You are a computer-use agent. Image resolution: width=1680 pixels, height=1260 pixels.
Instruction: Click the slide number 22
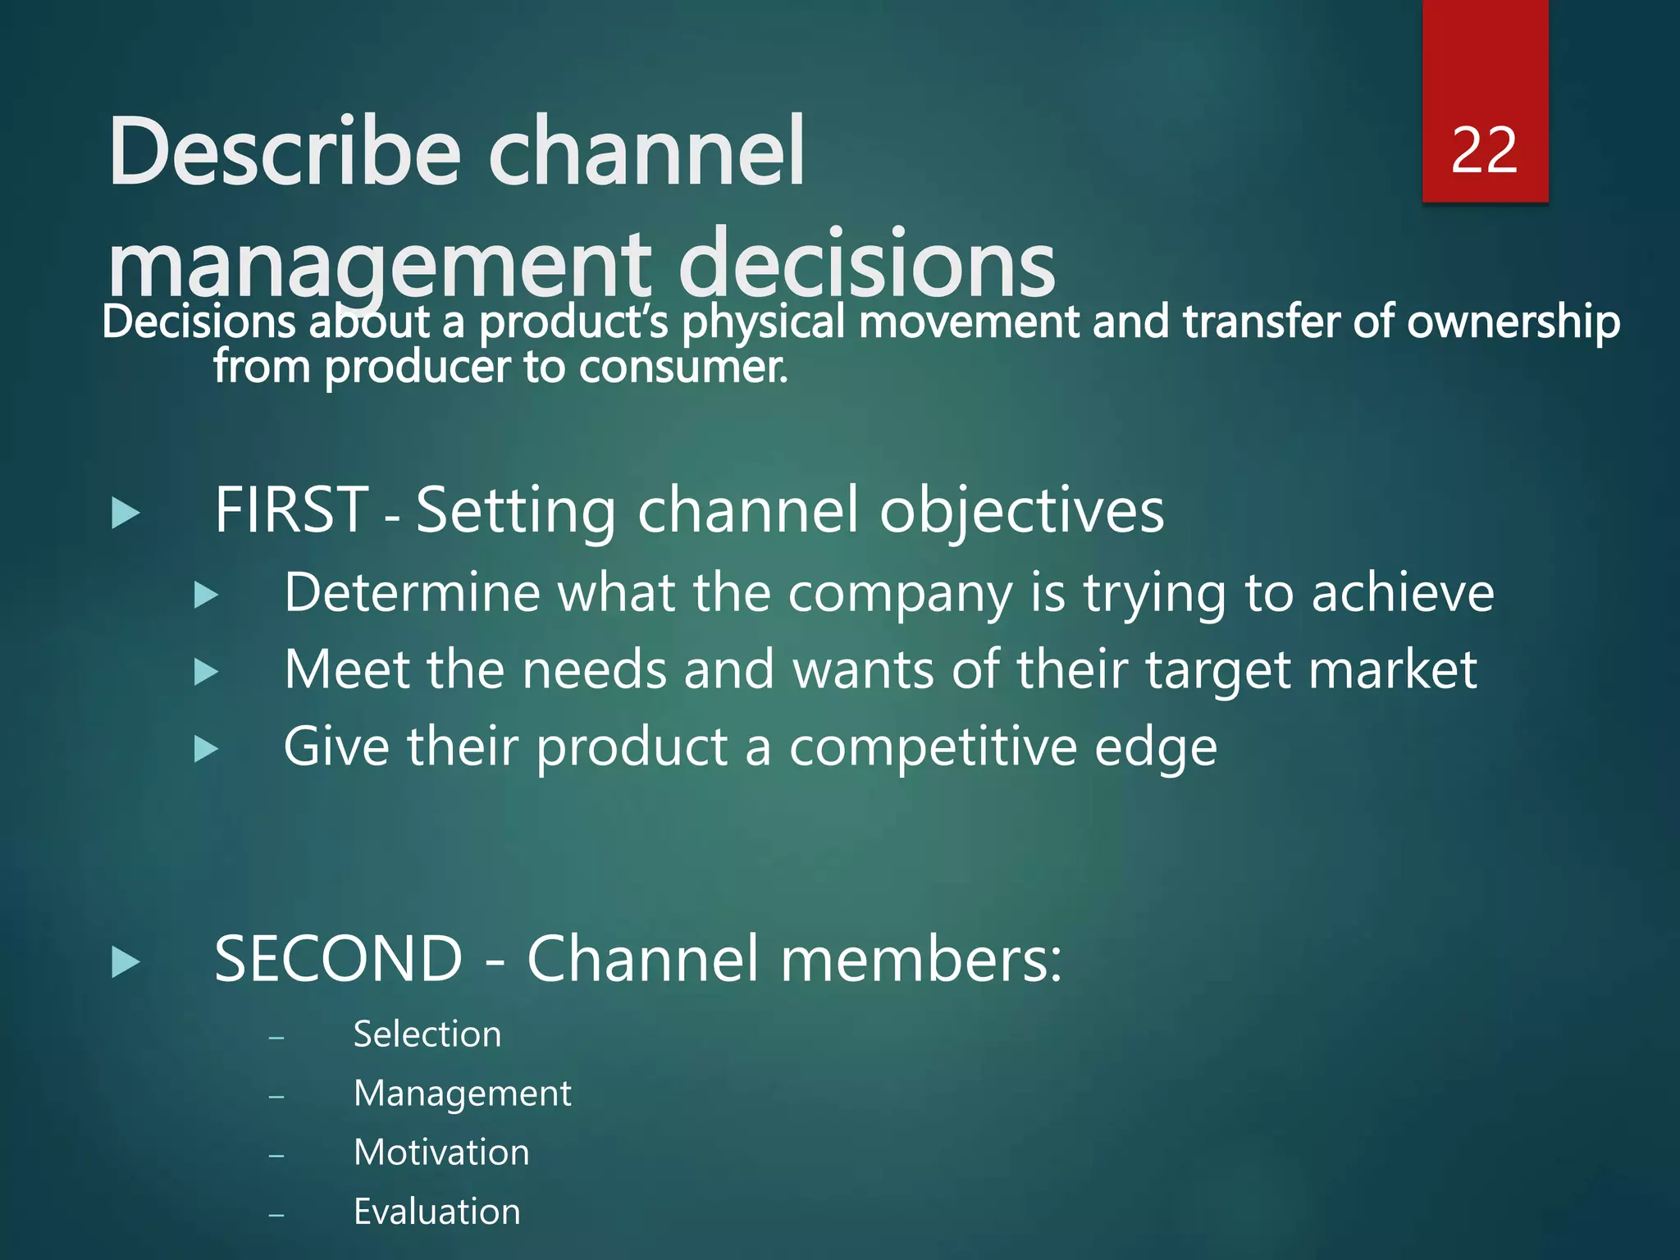[x=1484, y=151]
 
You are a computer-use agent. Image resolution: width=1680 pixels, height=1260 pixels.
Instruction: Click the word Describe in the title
[x=285, y=153]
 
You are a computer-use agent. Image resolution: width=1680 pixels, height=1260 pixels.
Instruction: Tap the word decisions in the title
[x=866, y=264]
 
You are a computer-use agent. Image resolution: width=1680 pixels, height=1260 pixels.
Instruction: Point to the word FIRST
[x=291, y=510]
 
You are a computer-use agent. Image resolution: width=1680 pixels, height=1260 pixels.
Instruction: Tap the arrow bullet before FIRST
[x=126, y=514]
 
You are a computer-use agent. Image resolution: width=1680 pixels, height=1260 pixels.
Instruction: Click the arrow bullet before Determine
[x=206, y=596]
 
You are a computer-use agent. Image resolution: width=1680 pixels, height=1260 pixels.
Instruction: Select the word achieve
[x=1403, y=593]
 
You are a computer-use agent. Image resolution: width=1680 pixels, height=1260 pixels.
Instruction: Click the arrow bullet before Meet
[x=206, y=673]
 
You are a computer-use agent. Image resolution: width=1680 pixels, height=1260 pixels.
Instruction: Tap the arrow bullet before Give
[x=206, y=749]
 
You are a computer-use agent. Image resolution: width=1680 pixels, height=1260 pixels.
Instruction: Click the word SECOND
[x=339, y=958]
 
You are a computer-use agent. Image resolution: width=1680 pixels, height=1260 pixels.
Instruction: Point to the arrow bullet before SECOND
[x=126, y=962]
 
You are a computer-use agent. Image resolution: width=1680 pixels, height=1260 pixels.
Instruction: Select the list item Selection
[x=427, y=1034]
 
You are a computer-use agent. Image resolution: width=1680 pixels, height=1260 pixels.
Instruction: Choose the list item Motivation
[x=441, y=1153]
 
